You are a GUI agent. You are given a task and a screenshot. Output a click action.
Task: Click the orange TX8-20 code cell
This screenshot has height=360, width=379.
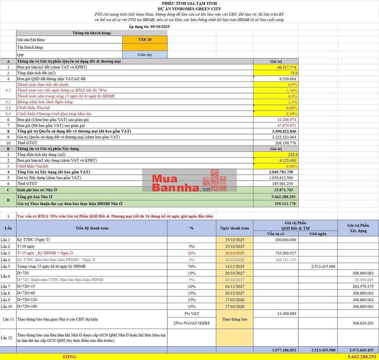145,40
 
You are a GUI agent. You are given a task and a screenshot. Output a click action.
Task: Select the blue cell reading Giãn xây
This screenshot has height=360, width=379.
145,54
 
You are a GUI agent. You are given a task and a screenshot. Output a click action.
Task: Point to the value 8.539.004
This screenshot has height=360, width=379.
288,79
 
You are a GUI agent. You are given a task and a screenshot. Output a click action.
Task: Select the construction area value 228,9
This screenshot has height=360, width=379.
292,154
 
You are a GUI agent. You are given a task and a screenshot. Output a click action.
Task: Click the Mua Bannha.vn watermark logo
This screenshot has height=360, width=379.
189,184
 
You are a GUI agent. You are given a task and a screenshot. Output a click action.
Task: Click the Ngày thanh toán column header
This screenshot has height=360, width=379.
234,228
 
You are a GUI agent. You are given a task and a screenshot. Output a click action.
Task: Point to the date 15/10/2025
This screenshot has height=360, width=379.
235,240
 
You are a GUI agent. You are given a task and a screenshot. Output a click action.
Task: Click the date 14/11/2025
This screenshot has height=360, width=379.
235,266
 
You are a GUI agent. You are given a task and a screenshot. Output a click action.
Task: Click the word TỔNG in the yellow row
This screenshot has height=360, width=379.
70,357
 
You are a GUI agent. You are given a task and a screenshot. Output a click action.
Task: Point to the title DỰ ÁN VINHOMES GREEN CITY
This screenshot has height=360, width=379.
189,9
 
